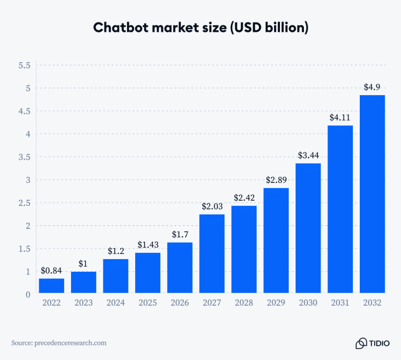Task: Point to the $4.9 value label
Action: pyautogui.click(x=372, y=87)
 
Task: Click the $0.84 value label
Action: pyautogui.click(x=52, y=271)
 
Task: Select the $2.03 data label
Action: pyautogui.click(x=212, y=206)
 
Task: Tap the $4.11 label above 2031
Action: pyautogui.click(x=340, y=118)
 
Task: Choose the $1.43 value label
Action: pyautogui.click(x=148, y=245)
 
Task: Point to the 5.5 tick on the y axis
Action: pyautogui.click(x=25, y=66)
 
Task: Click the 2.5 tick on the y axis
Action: pyautogui.click(x=25, y=203)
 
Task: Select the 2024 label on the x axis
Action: pyautogui.click(x=116, y=303)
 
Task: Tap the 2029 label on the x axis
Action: pyautogui.click(x=276, y=303)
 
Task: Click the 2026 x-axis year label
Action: pyautogui.click(x=180, y=303)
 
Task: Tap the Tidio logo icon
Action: pyautogui.click(x=361, y=343)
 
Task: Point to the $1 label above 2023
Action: pyautogui.click(x=84, y=263)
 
